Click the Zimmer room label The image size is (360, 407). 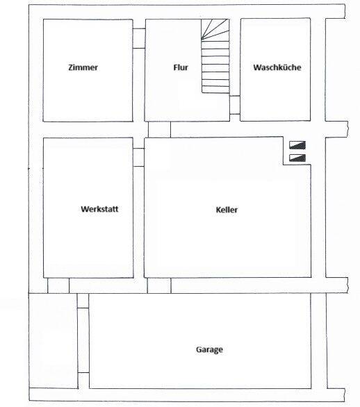[x=83, y=68]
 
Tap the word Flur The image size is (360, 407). [x=181, y=68]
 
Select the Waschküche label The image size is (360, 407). [x=277, y=68]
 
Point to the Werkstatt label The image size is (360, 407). [x=97, y=208]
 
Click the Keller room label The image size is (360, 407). [x=227, y=209]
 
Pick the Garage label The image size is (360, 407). [x=209, y=350]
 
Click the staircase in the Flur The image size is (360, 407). [x=215, y=63]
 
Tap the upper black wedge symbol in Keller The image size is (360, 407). [x=298, y=146]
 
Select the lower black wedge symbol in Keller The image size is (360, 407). [x=298, y=158]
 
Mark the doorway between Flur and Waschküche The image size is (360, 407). [x=235, y=105]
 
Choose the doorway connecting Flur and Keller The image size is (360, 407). [x=160, y=130]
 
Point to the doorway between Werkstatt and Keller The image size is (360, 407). [x=139, y=156]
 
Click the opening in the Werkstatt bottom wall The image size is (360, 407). [x=58, y=285]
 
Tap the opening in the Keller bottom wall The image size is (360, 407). [x=159, y=285]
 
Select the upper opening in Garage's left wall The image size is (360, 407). [x=83, y=301]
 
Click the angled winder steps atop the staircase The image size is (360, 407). [x=215, y=29]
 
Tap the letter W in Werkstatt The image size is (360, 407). [x=84, y=208]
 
